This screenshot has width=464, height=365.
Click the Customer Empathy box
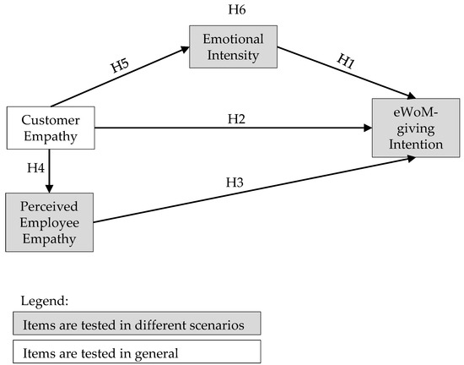50,128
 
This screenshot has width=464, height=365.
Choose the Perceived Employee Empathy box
49,221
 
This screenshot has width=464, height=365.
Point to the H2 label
237,118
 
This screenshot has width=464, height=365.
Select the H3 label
234,182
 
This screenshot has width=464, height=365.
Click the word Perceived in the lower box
49,207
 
